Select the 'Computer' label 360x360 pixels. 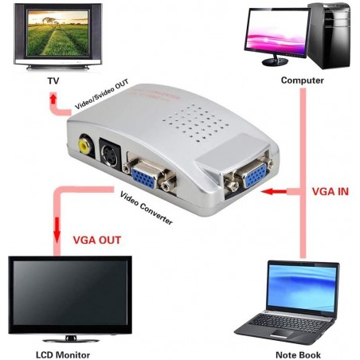point(302,80)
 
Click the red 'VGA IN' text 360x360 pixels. point(329,192)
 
